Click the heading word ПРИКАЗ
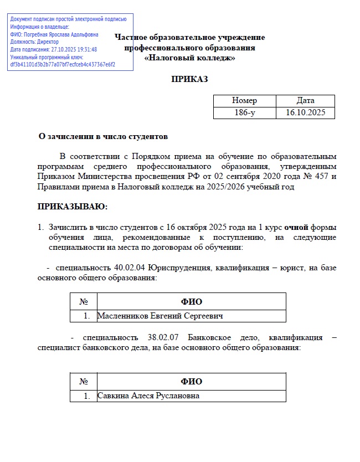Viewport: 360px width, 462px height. pos(189,79)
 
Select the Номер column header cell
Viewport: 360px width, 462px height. pos(244,101)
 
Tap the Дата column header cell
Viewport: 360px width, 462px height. pos(305,101)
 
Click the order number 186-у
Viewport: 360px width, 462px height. pos(244,112)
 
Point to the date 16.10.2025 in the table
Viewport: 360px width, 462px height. pos(305,112)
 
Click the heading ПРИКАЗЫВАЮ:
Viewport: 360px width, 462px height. pos(73,207)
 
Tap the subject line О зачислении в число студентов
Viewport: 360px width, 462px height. pos(102,136)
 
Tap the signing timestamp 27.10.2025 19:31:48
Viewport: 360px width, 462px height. pos(71,49)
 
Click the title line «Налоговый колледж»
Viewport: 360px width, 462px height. pos(189,58)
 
